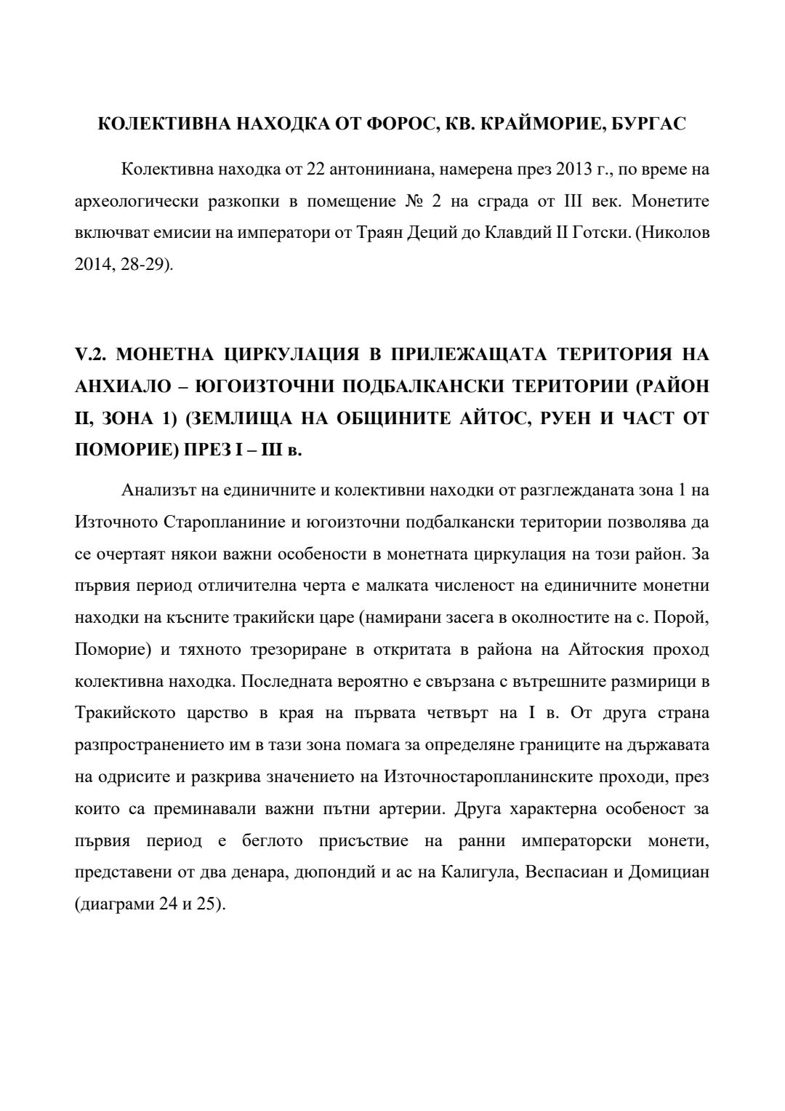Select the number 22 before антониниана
315,170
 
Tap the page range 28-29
147,264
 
